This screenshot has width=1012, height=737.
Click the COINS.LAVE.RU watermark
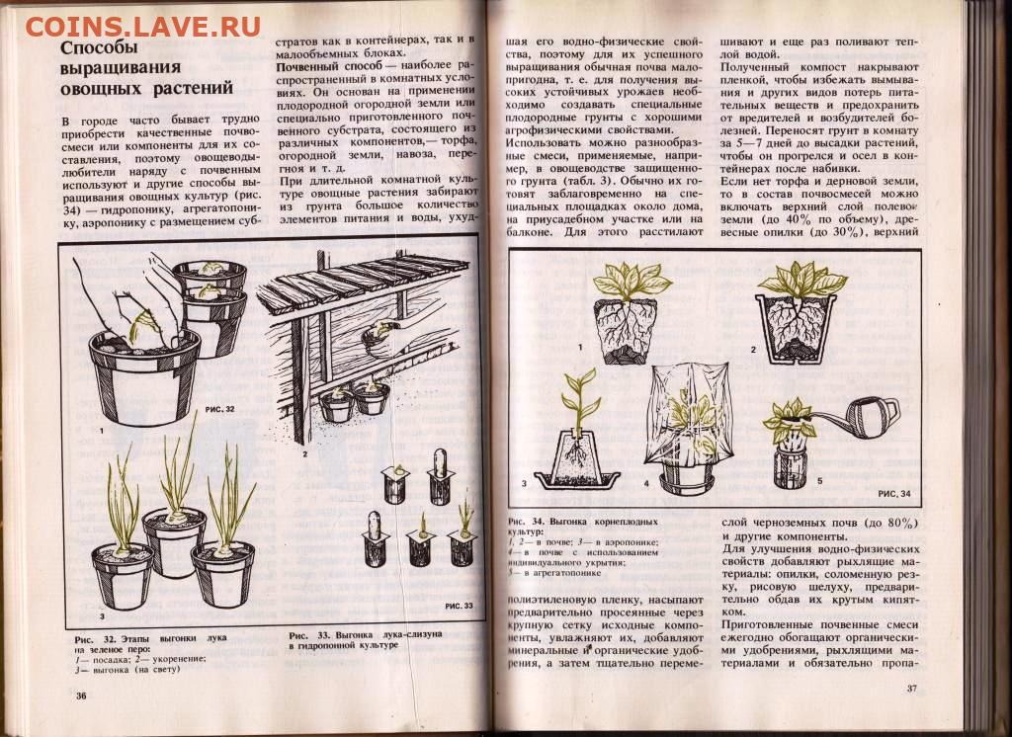142,26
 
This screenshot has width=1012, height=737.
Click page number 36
81,696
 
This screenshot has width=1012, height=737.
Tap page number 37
911,688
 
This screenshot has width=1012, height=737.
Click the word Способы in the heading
100,47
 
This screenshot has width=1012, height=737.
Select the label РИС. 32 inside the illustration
220,409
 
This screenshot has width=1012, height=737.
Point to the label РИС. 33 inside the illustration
459,606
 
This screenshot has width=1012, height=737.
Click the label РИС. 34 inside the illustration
894,493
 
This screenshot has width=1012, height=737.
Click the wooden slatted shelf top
362,279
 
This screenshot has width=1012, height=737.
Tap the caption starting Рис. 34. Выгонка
584,546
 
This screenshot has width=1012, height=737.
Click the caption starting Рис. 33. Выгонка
366,639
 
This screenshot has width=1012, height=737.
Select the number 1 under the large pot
102,430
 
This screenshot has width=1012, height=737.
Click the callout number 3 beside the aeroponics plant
524,483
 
